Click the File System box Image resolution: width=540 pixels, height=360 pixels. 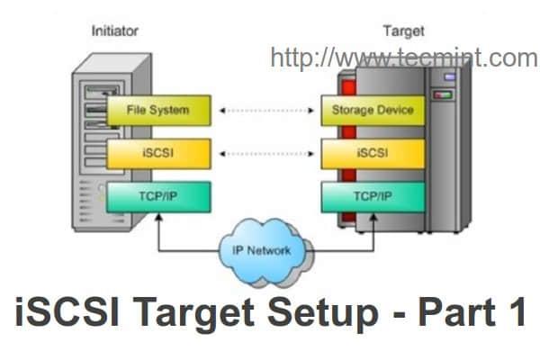click(x=159, y=111)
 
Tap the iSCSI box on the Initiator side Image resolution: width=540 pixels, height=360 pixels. click(x=159, y=152)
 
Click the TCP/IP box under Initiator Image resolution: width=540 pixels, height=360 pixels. click(x=159, y=194)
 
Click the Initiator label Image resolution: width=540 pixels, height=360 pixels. click(x=114, y=31)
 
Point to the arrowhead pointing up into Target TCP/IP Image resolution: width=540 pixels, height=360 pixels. click(x=373, y=217)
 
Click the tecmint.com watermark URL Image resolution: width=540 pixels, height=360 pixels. click(x=403, y=58)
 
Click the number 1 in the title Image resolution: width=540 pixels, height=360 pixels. click(x=512, y=316)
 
